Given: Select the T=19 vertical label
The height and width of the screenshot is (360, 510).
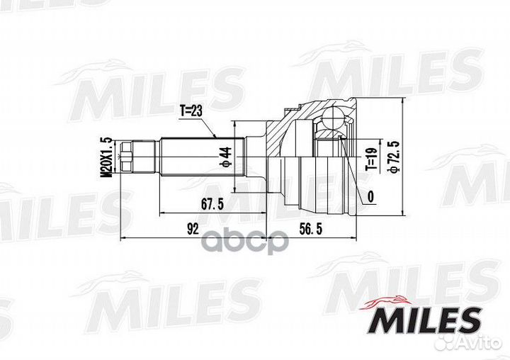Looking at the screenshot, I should [370, 157].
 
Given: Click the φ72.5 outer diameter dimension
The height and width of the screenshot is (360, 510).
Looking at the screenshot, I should [391, 157].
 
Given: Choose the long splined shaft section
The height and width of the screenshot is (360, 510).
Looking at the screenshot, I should [201, 157].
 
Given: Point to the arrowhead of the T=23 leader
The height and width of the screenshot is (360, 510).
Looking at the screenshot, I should [217, 135].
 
